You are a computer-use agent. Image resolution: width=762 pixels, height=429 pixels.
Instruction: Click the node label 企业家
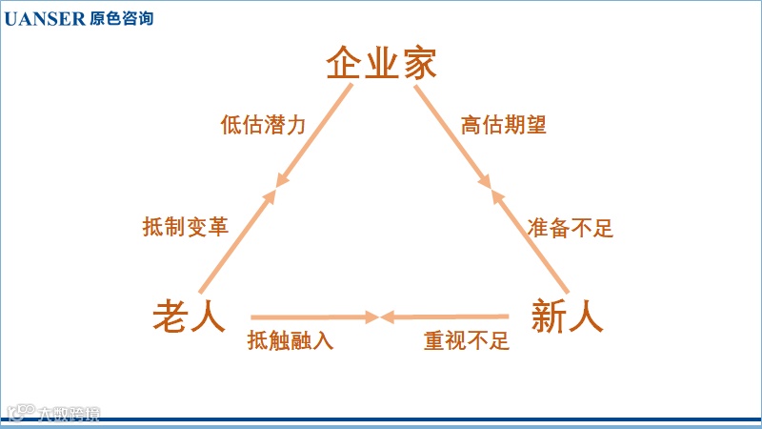point(381,63)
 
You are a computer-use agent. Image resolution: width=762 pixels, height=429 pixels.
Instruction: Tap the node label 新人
point(568,316)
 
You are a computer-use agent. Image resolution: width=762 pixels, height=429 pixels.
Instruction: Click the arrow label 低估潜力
point(263,125)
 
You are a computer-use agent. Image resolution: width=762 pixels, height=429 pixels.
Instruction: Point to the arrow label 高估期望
point(504,125)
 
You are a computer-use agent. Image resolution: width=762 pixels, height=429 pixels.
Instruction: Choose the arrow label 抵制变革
point(185,227)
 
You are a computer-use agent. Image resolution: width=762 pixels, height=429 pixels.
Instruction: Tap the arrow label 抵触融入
point(290,340)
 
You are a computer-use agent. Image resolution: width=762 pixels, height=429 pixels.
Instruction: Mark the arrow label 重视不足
point(467,340)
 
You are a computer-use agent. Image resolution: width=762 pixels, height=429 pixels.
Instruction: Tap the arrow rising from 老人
point(237,240)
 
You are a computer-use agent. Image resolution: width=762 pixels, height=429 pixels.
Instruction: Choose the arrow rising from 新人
point(530,240)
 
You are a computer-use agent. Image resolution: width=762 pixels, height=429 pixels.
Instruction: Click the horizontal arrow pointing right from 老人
point(314,316)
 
